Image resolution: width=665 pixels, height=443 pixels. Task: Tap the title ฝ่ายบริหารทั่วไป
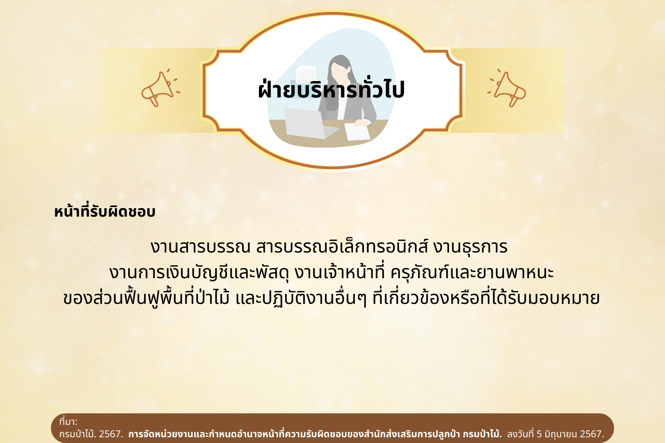click(332, 89)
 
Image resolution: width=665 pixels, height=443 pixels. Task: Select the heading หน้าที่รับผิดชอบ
click(105, 211)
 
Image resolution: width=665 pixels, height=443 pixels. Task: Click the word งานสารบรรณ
click(200, 247)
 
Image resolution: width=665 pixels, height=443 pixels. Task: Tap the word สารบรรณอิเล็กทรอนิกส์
click(342, 246)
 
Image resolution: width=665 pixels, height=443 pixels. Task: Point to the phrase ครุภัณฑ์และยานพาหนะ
click(472, 272)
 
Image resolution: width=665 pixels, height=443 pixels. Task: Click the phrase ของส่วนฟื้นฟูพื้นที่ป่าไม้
click(146, 298)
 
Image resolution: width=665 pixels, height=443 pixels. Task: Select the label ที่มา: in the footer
click(68, 421)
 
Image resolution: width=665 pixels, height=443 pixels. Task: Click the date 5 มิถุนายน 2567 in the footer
click(570, 434)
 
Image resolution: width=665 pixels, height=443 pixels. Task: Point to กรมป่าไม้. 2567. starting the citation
click(91, 434)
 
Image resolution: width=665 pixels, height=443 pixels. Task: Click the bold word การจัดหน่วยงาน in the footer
click(160, 434)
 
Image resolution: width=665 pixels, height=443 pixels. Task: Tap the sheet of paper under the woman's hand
click(357, 132)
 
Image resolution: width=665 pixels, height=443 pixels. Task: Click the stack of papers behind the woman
click(306, 74)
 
